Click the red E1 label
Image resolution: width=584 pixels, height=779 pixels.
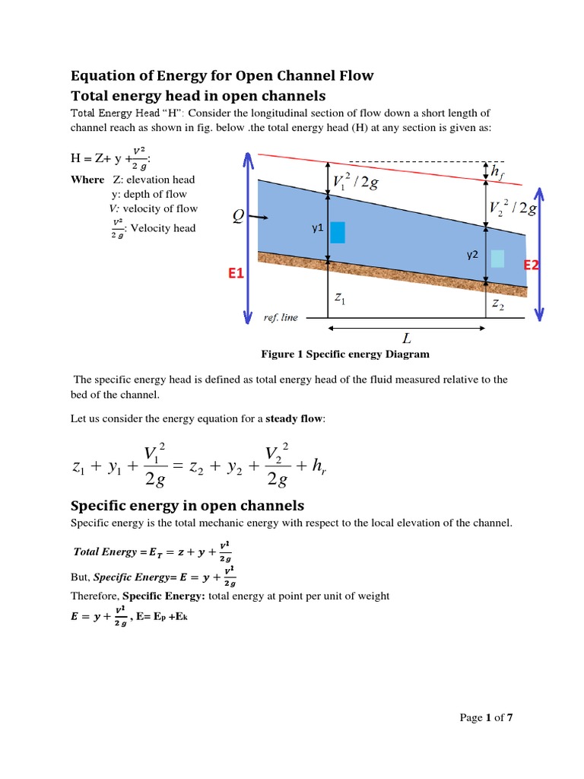pyautogui.click(x=233, y=272)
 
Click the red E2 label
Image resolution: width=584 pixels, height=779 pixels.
pyautogui.click(x=530, y=265)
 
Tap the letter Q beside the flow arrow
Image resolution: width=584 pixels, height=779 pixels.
pyautogui.click(x=239, y=218)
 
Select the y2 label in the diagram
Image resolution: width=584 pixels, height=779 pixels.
pyautogui.click(x=471, y=255)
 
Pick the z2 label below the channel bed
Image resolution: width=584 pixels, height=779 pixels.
pyautogui.click(x=497, y=304)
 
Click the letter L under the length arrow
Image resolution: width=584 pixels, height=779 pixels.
pyautogui.click(x=408, y=337)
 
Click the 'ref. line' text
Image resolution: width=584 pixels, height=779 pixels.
pyautogui.click(x=281, y=317)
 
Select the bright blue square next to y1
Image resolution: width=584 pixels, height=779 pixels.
pyautogui.click(x=338, y=232)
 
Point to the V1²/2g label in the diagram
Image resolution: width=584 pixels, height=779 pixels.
pyautogui.click(x=356, y=182)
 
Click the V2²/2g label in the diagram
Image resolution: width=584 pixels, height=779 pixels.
pyautogui.click(x=513, y=208)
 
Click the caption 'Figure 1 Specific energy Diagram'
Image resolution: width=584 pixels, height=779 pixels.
pyautogui.click(x=345, y=354)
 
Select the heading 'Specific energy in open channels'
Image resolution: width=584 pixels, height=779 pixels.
pyautogui.click(x=187, y=505)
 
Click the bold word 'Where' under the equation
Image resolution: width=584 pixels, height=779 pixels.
pyautogui.click(x=87, y=180)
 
